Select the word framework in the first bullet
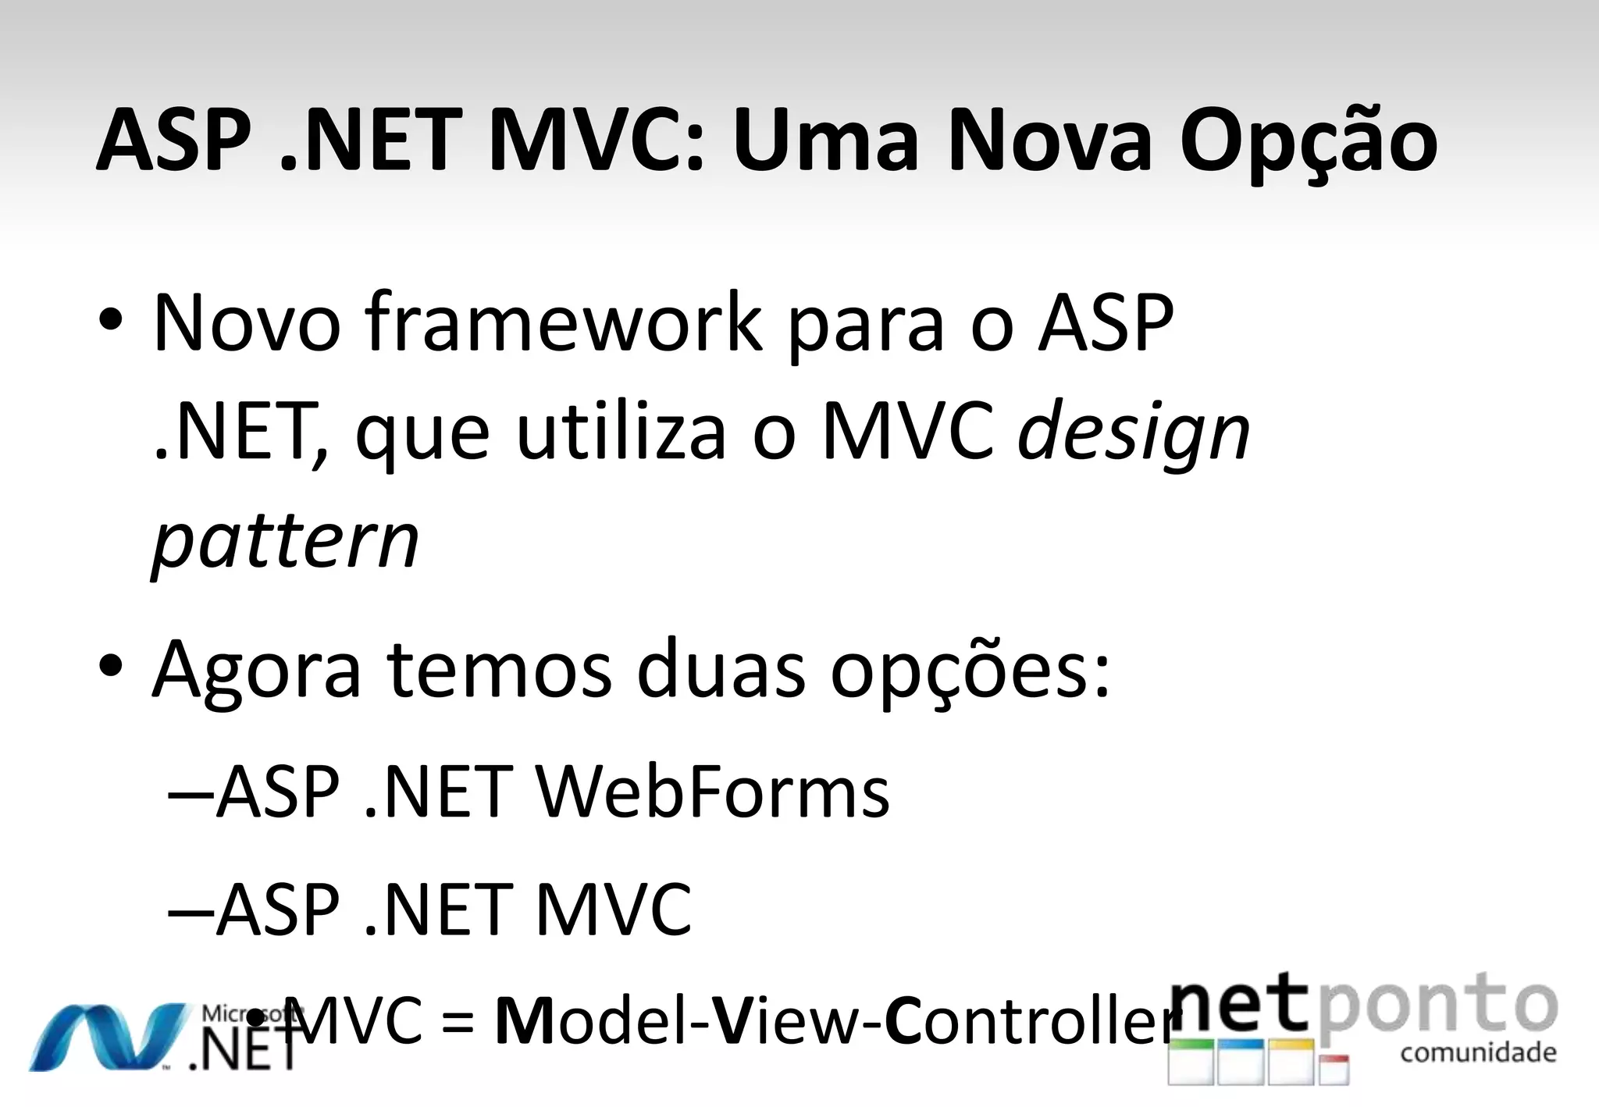pyautogui.click(x=563, y=322)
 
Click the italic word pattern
pyautogui.click(x=286, y=541)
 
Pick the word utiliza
pyautogui.click(x=621, y=432)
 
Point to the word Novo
pyautogui.click(x=247, y=322)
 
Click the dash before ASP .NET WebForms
pyautogui.click(x=190, y=795)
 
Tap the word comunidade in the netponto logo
pyautogui.click(x=1478, y=1052)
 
